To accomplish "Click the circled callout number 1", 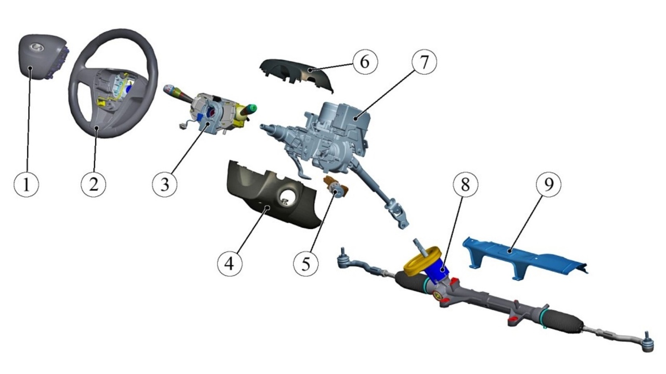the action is [x=27, y=184].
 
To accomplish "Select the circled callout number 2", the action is [x=93, y=184].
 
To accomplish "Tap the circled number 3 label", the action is [x=165, y=184].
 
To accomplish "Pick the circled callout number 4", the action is [x=229, y=264].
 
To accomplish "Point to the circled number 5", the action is [x=305, y=264].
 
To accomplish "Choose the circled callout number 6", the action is [x=365, y=62].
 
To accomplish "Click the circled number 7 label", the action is [x=424, y=62].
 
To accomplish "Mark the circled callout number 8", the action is [x=466, y=184].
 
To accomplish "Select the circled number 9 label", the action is [x=548, y=184].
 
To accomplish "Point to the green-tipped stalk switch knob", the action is [x=252, y=108].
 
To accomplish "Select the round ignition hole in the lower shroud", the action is [x=287, y=197].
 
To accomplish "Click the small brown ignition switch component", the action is [x=336, y=186].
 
